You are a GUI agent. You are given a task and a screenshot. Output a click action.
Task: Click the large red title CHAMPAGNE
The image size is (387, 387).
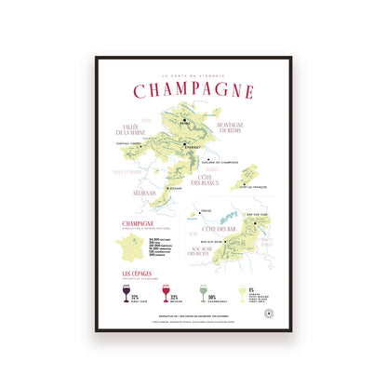pos(193,90)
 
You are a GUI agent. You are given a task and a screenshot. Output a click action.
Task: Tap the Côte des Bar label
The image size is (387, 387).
pos(219,229)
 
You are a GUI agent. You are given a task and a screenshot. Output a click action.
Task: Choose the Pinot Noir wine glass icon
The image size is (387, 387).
pos(126,294)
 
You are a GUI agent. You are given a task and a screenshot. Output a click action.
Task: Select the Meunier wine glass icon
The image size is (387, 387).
pos(166,294)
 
